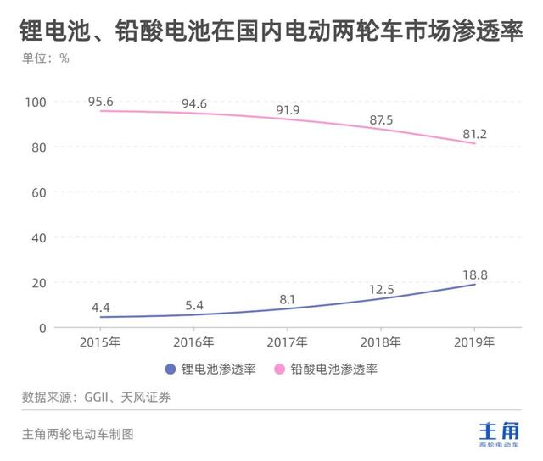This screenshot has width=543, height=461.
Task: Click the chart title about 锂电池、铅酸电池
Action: coord(271,32)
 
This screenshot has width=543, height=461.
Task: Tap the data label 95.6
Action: coord(100,102)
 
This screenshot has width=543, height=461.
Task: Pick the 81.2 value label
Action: coord(474,134)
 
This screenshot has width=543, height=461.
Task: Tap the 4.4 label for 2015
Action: coord(100,307)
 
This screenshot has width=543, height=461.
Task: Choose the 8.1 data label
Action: coord(288,298)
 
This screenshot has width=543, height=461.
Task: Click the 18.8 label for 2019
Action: coord(474,274)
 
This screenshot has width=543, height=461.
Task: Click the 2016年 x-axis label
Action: coord(193,342)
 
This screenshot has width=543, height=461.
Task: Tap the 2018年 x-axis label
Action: coord(381,342)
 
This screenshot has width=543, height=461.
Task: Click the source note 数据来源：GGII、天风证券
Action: coord(96,397)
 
